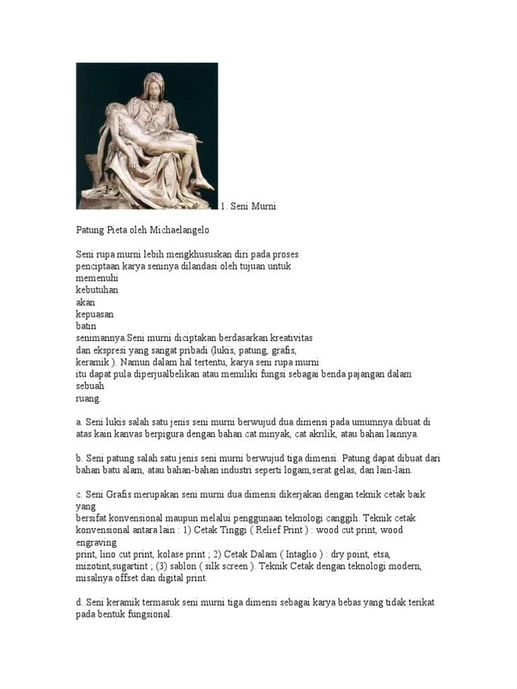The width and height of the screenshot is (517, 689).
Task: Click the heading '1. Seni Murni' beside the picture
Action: [248, 207]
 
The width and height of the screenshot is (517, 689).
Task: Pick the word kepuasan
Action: [94, 314]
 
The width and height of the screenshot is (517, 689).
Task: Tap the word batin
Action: [85, 326]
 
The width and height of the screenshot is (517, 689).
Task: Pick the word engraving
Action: [97, 543]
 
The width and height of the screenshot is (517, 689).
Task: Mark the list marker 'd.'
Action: [79, 603]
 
